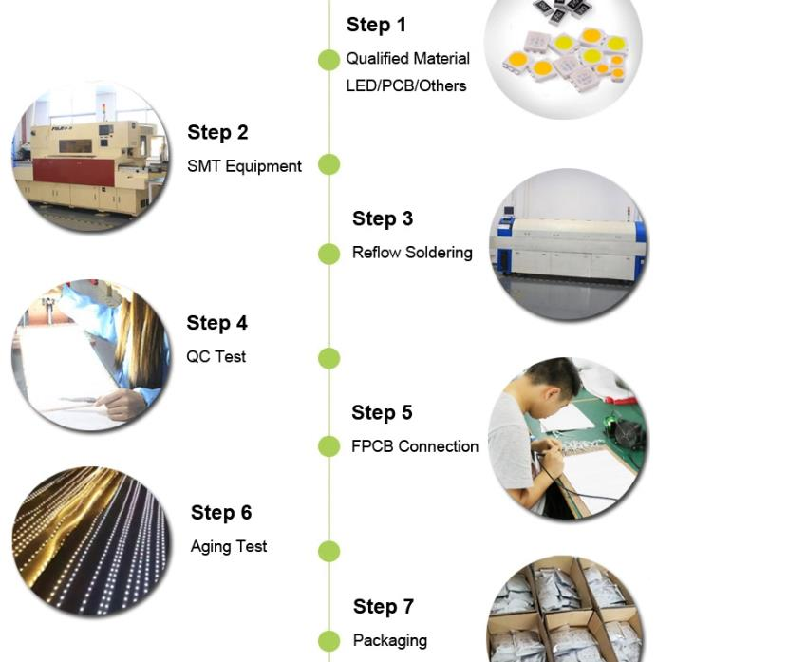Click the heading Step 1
pos(376,26)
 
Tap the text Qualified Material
pos(407,59)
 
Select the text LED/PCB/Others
pos(405,85)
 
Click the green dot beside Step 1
pos(328,60)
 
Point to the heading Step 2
pos(217,133)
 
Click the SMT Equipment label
pos(244,166)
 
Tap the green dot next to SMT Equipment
pos(328,164)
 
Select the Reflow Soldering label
pos(412,253)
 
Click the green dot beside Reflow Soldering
pos(328,254)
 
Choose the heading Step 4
pos(217,323)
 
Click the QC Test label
pos(216,357)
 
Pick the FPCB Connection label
pos(415,446)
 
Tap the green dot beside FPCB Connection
pos(328,446)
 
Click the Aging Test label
pos(229,547)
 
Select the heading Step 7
pos(384,607)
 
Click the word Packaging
pos(390,641)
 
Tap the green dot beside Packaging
pos(328,641)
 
